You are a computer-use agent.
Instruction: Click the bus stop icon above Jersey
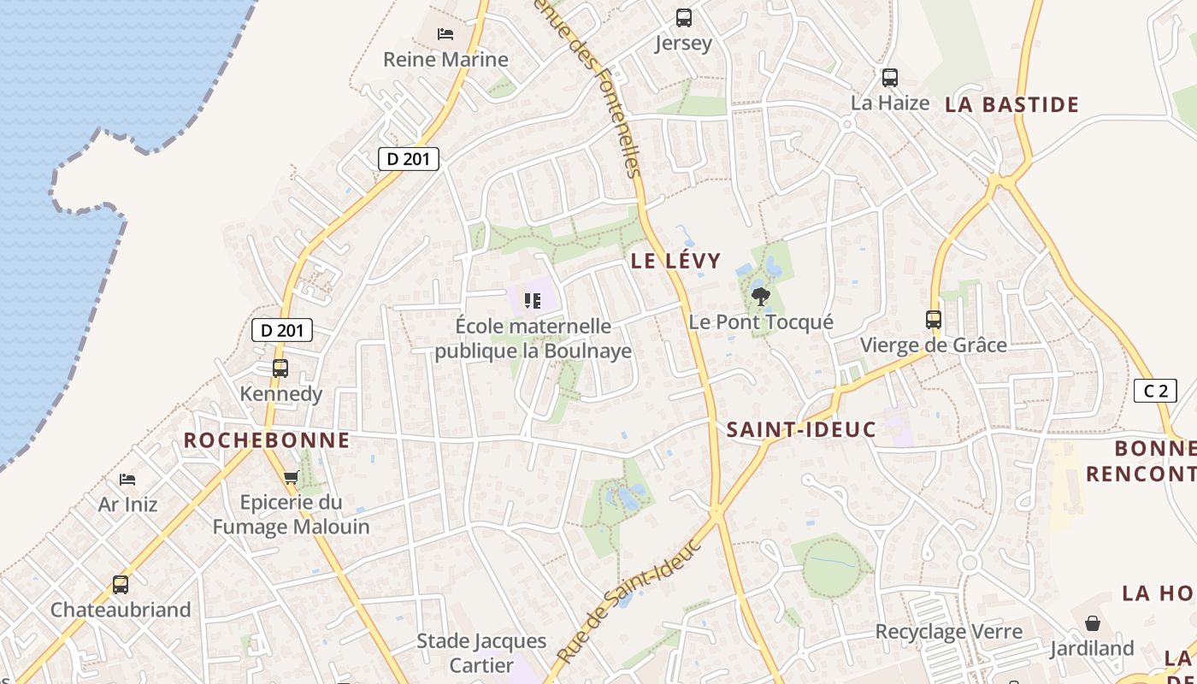684,17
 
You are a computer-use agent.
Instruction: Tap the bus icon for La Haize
890,78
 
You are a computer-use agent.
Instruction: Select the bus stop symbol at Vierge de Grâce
934,320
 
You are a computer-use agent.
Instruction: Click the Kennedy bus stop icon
280,369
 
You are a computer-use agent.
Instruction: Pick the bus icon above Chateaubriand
121,585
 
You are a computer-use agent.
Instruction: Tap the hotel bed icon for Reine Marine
445,34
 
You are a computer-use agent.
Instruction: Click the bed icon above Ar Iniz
127,479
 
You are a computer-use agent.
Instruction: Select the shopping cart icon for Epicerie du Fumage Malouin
291,477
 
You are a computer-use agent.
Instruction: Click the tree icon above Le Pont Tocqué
760,297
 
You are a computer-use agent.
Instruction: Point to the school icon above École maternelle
534,300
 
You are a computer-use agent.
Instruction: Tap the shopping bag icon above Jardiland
1093,623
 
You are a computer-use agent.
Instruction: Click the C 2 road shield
1155,391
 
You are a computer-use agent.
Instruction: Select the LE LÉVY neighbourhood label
676,261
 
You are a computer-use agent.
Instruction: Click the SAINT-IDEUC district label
801,429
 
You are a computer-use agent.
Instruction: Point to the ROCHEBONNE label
267,440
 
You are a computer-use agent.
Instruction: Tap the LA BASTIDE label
1011,105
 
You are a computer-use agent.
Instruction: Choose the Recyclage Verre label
948,632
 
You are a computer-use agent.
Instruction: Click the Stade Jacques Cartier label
481,652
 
